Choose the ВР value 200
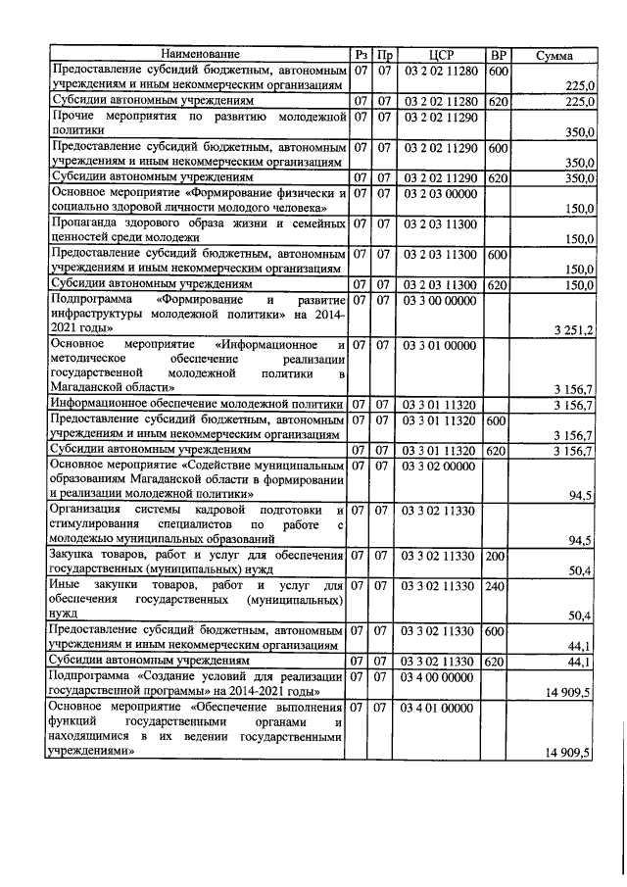point(496,557)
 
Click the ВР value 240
point(496,585)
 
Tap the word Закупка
point(74,557)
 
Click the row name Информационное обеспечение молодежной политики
point(198,404)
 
